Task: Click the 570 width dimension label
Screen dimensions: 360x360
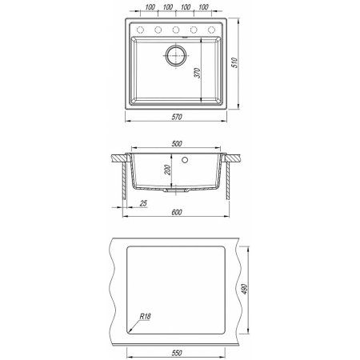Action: [177, 117]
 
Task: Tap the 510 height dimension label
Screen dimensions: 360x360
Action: [234, 62]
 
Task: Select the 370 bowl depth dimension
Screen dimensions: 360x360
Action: [197, 73]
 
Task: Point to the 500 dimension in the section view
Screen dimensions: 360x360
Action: [177, 143]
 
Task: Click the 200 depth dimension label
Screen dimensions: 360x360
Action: [167, 170]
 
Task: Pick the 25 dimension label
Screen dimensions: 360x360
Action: [143, 203]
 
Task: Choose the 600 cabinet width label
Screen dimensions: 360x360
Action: [177, 212]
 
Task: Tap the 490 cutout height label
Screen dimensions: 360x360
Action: [245, 290]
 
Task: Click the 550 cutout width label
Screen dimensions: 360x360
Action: [177, 353]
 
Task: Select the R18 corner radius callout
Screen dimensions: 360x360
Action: [146, 317]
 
